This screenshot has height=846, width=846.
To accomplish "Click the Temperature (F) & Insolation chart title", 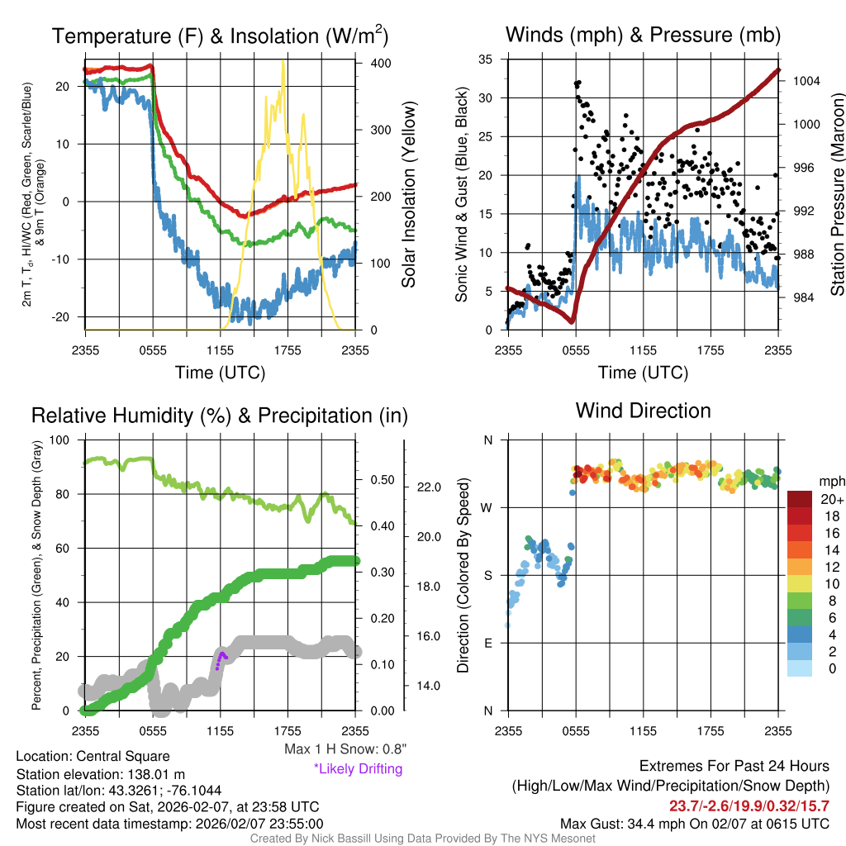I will tap(220, 36).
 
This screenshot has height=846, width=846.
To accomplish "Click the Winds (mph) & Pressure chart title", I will tap(643, 35).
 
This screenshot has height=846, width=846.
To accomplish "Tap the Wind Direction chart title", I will tap(643, 411).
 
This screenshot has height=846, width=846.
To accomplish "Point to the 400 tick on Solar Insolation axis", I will tap(381, 64).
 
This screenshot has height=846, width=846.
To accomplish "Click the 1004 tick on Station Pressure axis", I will tap(806, 81).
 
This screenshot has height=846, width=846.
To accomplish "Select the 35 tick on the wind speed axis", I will tap(487, 59).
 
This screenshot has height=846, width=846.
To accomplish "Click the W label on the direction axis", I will tap(487, 507).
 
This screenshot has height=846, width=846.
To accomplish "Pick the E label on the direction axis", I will tap(488, 643).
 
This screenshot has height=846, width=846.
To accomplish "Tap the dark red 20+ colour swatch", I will tap(800, 499).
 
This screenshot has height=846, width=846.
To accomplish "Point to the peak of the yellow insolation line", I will tap(283, 62).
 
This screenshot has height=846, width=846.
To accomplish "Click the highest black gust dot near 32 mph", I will tap(578, 83).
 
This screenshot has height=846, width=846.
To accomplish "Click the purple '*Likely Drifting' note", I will tap(358, 769).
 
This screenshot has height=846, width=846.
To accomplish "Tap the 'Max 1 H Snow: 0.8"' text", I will tap(345, 749).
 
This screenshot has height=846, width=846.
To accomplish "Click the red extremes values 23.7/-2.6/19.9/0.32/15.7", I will tap(749, 806).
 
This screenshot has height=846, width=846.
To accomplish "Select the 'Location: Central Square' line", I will tap(93, 756).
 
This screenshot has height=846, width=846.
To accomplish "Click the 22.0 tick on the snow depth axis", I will tap(427, 487).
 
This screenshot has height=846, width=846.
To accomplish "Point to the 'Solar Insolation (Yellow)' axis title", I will tap(408, 195).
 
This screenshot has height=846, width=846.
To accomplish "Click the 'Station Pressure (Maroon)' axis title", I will tap(836, 194).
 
